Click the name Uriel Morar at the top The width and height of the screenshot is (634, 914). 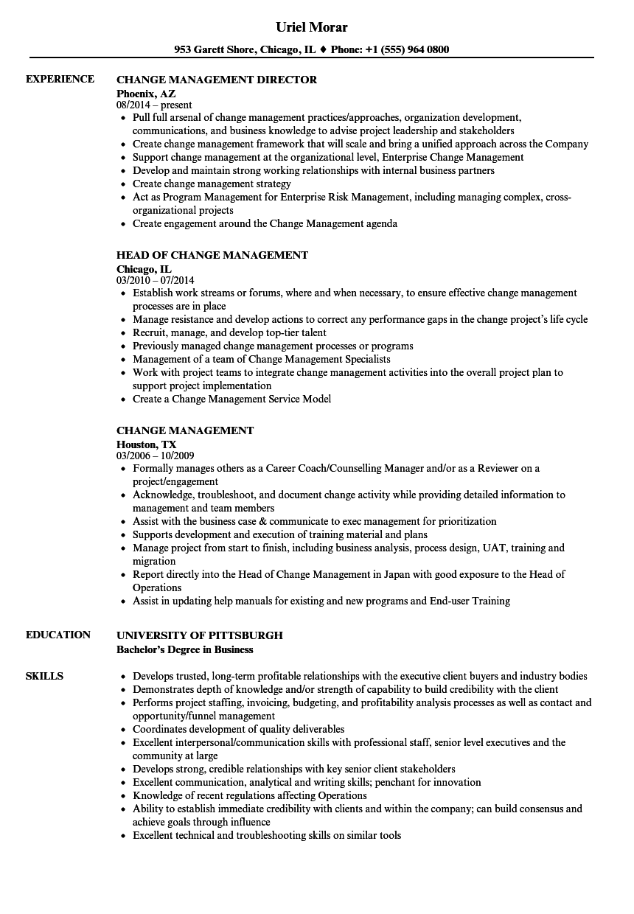pos(311,27)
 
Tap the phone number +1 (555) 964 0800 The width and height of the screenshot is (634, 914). pos(408,50)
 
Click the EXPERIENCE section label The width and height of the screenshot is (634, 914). pos(60,79)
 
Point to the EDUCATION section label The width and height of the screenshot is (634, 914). pos(58,635)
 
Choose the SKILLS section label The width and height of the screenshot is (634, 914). pos(44,676)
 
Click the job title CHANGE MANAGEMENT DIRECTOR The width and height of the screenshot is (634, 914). pos(217,80)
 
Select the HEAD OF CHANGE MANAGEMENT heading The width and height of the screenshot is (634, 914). pos(212,255)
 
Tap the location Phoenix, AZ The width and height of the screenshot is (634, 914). pos(146,94)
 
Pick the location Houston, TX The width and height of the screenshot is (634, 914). pos(147,444)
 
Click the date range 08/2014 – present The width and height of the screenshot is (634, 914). pos(154,105)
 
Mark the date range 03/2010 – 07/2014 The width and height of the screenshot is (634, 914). pos(156,281)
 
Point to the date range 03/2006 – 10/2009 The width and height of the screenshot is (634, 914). pos(156,456)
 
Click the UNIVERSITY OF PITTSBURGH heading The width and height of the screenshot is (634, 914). pos(200,635)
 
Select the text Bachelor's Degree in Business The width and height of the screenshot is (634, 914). pos(185,649)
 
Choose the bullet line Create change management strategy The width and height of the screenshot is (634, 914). pos(212,184)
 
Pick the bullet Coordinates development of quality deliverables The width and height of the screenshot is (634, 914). pos(238,729)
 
